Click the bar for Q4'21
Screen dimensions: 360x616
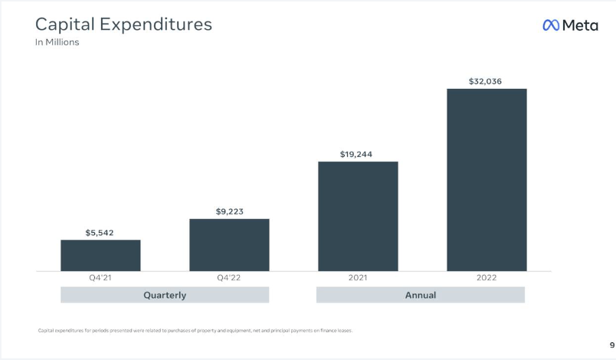pos(100,255)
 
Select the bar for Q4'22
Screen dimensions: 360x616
pos(229,244)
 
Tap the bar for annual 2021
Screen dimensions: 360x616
pos(358,216)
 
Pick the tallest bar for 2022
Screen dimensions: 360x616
pos(487,179)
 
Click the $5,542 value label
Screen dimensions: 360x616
pos(100,232)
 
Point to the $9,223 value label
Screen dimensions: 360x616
pos(229,211)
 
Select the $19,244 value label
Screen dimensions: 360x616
pos(357,154)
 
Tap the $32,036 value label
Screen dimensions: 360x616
pos(486,81)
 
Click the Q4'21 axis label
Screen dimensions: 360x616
pos(100,278)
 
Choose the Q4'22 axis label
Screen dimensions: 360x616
pos(229,278)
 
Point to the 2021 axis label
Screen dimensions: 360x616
pos(358,278)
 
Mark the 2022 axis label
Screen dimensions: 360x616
pos(487,278)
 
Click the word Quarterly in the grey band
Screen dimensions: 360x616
pos(165,295)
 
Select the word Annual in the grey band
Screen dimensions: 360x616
pos(421,295)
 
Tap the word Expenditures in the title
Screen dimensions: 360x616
pos(161,25)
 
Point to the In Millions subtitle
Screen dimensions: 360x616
pos(57,43)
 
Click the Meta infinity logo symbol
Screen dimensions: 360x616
pos(551,25)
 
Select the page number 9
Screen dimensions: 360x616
pos(602,345)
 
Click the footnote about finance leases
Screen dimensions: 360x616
pos(195,330)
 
